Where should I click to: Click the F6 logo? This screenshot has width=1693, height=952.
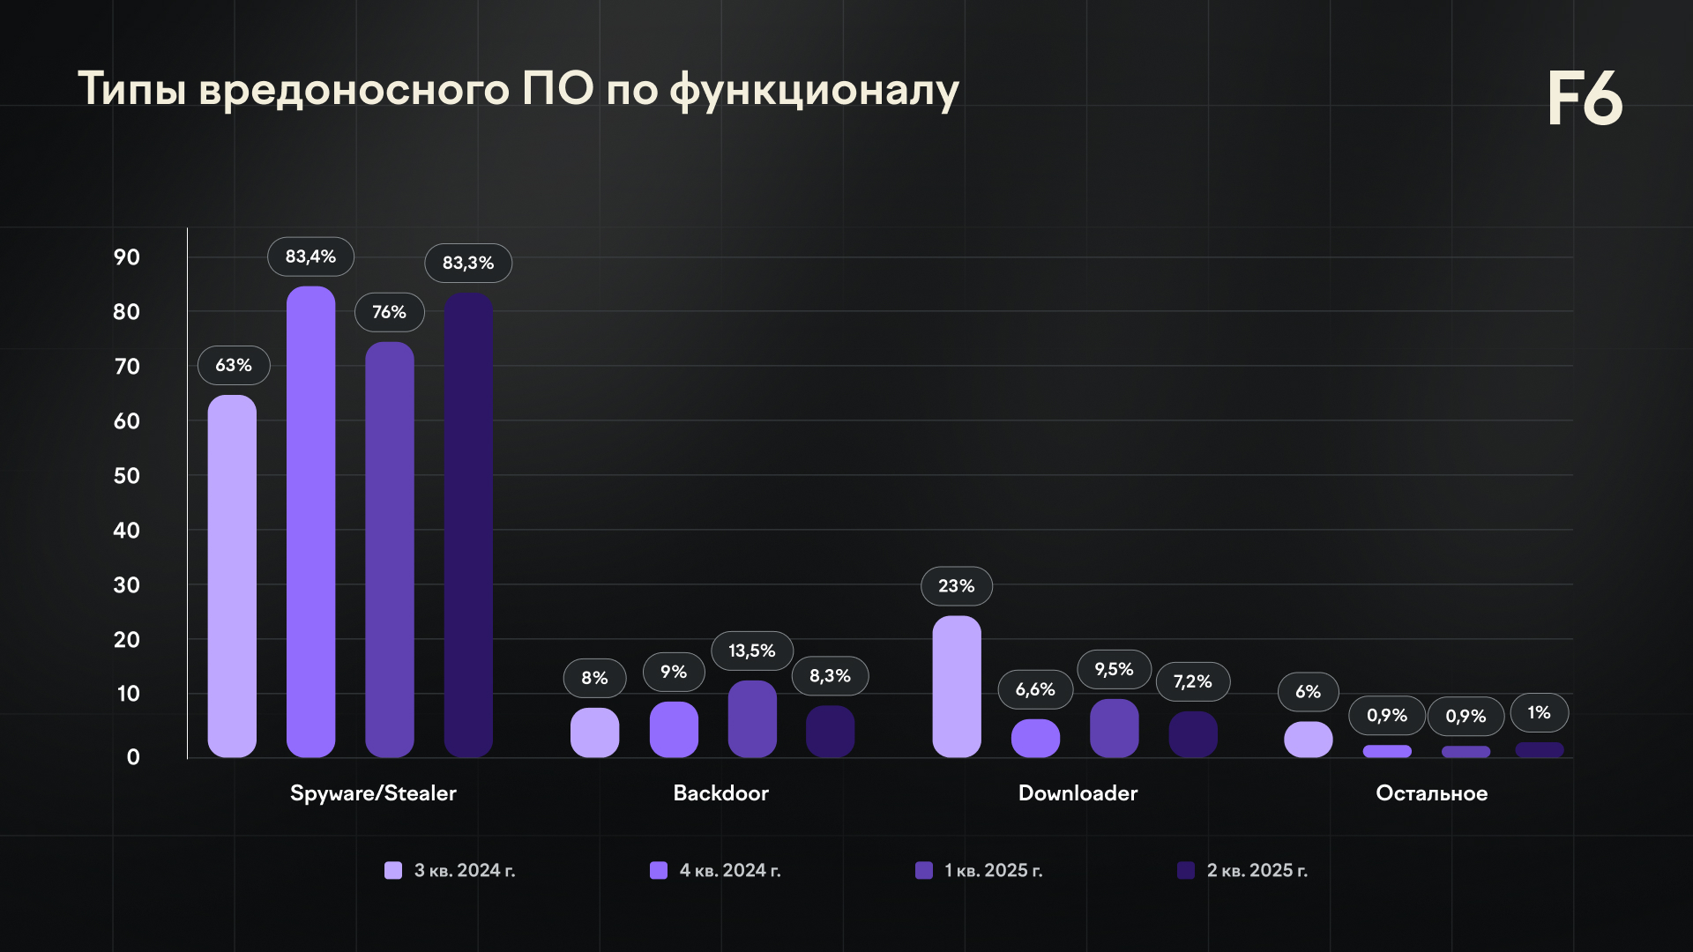[1585, 99]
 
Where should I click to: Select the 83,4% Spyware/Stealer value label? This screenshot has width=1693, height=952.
[310, 257]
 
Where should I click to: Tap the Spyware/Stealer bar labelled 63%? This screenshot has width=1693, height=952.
[232, 576]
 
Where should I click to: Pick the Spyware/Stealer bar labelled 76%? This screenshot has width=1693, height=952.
[390, 550]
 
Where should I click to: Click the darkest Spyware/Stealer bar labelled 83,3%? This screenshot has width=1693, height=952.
[468, 525]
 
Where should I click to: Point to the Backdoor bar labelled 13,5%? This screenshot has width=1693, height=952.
[752, 719]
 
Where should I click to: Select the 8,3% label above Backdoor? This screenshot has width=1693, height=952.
[830, 676]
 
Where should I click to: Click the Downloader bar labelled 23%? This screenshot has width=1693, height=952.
[957, 687]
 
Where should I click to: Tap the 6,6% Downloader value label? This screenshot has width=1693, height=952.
[1035, 689]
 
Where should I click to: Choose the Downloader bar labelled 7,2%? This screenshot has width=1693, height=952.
[1193, 734]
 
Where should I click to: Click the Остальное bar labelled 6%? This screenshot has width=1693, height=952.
[1309, 740]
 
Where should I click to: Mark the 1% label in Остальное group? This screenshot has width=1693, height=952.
[1539, 712]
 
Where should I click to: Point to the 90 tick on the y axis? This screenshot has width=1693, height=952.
[127, 257]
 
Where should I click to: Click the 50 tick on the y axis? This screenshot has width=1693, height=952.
[127, 476]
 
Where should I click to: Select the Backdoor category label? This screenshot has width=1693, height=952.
[720, 793]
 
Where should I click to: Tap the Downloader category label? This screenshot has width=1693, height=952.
[1078, 793]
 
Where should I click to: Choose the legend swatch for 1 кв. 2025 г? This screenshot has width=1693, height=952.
[924, 871]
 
